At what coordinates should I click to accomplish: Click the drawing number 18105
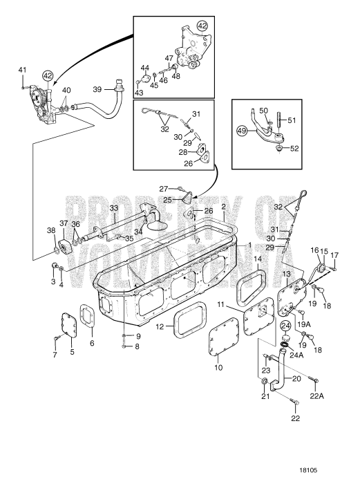308,470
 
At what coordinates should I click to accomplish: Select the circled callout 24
285,326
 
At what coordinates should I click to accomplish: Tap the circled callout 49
243,131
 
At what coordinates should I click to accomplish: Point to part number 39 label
97,89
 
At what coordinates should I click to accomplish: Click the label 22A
316,396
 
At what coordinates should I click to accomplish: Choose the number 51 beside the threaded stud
291,120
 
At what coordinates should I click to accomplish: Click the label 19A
304,324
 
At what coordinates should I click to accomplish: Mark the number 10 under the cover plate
218,367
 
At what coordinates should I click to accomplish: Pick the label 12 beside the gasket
160,326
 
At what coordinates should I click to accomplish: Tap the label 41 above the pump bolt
22,70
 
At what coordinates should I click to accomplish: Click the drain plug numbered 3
54,265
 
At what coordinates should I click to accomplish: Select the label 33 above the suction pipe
114,208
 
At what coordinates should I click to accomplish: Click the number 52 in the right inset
294,149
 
